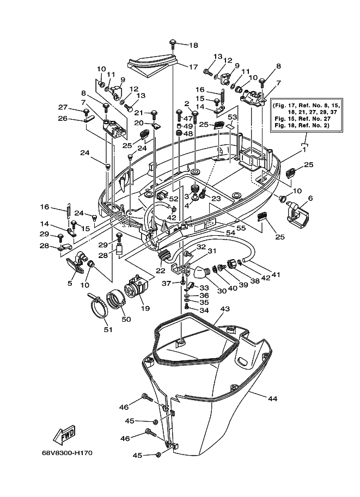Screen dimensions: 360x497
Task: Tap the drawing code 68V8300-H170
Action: pyautogui.click(x=67, y=453)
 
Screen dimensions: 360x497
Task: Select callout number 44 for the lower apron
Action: pyautogui.click(x=272, y=398)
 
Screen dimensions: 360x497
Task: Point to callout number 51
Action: pyautogui.click(x=108, y=330)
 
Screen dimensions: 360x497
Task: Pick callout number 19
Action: pyautogui.click(x=145, y=308)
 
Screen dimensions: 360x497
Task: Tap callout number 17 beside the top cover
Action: pyautogui.click(x=193, y=67)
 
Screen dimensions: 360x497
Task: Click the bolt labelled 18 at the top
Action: pyautogui.click(x=173, y=44)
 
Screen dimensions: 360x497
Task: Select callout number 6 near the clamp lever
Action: pyautogui.click(x=310, y=198)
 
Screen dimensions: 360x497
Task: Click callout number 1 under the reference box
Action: pyautogui.click(x=304, y=150)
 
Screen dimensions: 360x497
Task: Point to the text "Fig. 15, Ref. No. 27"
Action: pyautogui.click(x=303, y=119)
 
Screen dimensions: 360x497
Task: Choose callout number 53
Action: pyautogui.click(x=233, y=117)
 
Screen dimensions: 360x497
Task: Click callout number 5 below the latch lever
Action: pyautogui.click(x=70, y=283)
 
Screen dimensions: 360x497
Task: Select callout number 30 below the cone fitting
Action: pyautogui.click(x=222, y=290)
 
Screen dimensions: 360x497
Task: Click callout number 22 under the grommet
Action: pyautogui.click(x=161, y=271)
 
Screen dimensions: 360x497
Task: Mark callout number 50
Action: pyautogui.click(x=126, y=319)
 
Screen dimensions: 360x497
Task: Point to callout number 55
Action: pyautogui.click(x=241, y=228)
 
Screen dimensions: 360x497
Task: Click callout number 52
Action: pyautogui.click(x=174, y=199)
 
